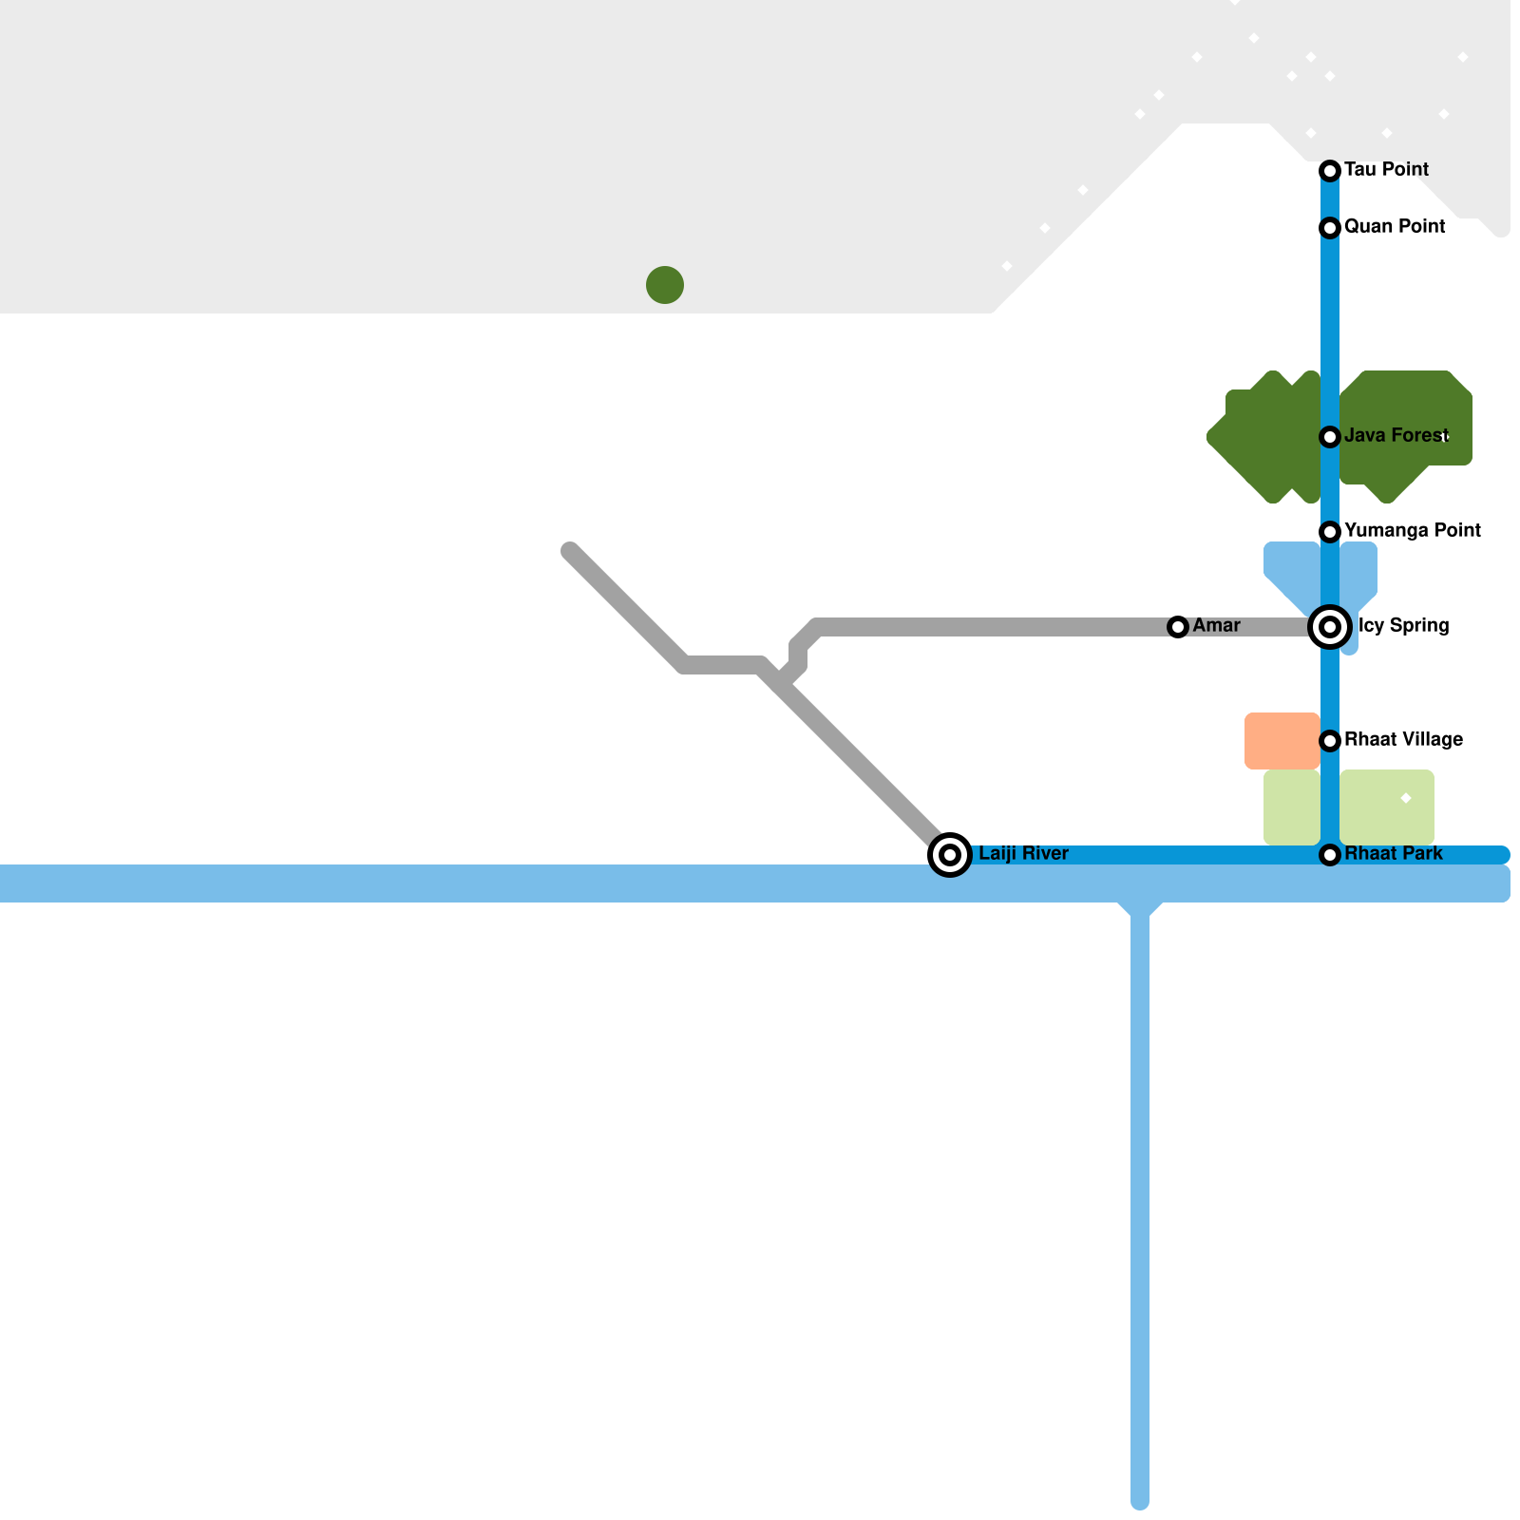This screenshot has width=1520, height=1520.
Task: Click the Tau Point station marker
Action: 1330,171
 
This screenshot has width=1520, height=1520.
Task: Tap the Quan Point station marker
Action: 1330,228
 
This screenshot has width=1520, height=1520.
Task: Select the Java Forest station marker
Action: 1330,437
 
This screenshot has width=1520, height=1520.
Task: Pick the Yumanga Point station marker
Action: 1330,532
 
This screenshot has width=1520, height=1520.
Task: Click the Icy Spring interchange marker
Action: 1330,627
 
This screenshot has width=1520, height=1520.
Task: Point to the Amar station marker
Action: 1178,627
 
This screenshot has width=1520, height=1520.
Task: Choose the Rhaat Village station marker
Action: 1330,741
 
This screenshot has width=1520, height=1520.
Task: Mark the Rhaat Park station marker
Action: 1330,855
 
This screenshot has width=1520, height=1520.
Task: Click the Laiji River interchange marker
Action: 950,855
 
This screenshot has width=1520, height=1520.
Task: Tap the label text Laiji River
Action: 1023,854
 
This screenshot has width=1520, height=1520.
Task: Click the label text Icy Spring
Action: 1403,626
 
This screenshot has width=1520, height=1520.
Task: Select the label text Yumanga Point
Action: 1413,531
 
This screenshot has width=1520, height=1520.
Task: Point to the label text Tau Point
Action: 1386,170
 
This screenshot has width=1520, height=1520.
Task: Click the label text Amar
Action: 1216,626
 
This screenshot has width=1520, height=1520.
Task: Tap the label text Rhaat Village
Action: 1403,740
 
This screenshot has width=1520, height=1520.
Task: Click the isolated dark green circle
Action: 665,285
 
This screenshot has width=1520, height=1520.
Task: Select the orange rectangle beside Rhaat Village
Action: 1282,741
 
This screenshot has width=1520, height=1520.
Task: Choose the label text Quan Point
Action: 1395,227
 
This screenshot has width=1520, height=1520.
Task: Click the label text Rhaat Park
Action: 1394,854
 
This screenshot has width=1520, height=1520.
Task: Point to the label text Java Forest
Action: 1396,436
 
